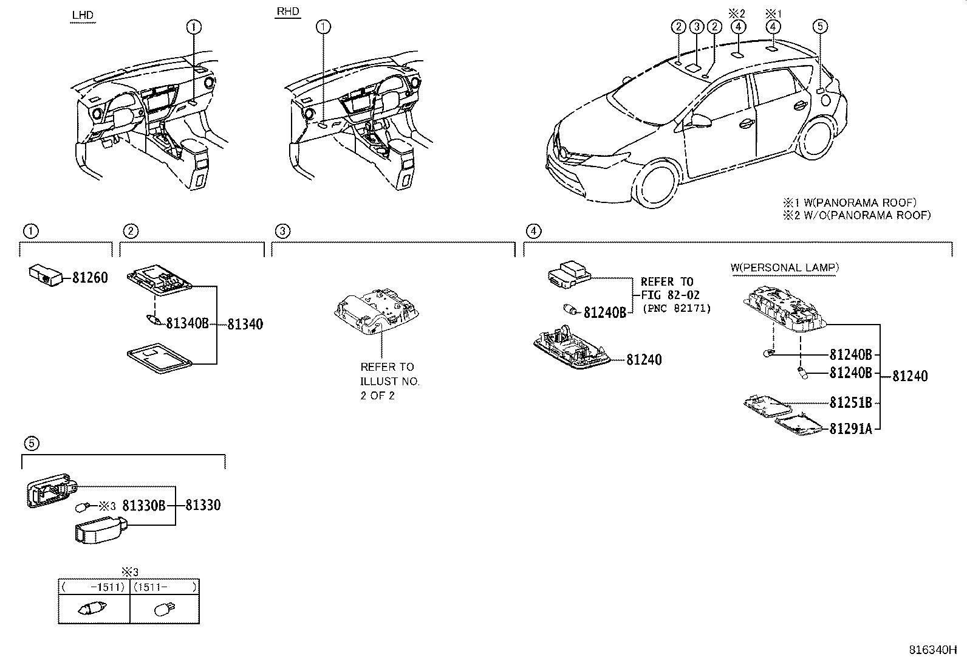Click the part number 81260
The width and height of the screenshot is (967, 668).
tap(90, 278)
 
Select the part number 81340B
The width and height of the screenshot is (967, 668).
tap(187, 324)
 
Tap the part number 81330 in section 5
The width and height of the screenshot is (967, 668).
tap(203, 505)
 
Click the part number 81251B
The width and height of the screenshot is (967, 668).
tap(850, 403)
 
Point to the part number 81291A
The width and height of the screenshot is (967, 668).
tap(850, 429)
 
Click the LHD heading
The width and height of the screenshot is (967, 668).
tap(83, 15)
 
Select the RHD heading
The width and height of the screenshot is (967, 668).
tap(288, 12)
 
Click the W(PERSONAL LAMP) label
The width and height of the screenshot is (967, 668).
tap(785, 267)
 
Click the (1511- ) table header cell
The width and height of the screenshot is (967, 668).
tap(165, 587)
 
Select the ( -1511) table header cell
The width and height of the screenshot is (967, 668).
tap(94, 587)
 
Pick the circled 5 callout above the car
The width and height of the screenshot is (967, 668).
tap(820, 26)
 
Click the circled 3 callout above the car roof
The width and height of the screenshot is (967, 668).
tap(697, 26)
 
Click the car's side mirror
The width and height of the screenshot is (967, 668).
tap(699, 121)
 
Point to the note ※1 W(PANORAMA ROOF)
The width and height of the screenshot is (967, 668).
tap(849, 202)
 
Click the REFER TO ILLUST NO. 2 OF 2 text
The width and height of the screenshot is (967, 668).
tap(389, 381)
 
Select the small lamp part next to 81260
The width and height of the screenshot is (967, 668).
tap(45, 275)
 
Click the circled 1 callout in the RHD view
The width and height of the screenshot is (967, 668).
tap(324, 26)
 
